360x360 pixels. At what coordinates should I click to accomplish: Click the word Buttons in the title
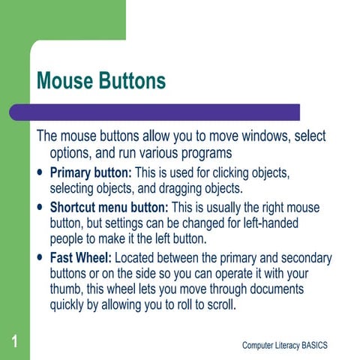[133, 81]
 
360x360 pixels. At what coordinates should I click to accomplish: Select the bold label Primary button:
[90, 173]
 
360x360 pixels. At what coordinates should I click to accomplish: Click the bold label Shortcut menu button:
[109, 207]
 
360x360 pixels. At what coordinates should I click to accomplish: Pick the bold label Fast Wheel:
[80, 258]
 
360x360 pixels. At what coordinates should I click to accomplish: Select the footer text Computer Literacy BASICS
[285, 344]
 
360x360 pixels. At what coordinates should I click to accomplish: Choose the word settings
[116, 223]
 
